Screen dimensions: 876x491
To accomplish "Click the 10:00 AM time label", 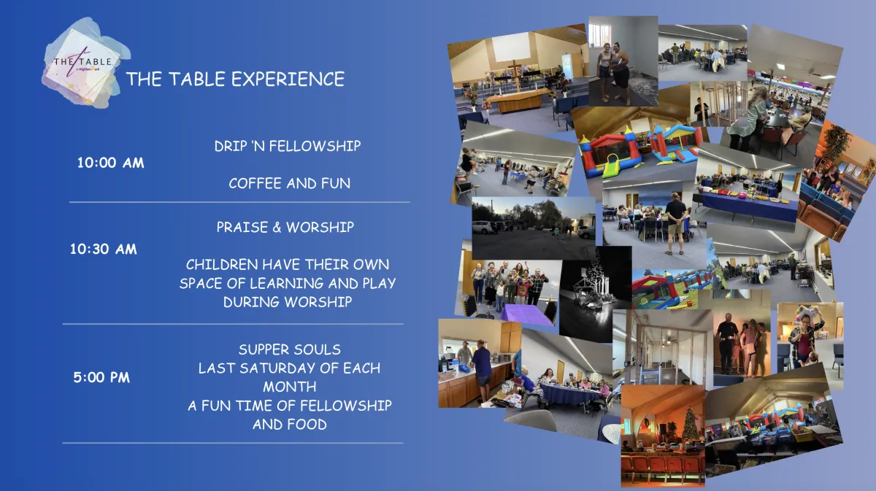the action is pos(111,163).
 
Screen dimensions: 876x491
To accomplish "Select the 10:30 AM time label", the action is pos(103,249).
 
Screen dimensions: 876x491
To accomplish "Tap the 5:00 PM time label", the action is pos(101,377).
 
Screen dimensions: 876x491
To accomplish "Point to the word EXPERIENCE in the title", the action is pos(288,79).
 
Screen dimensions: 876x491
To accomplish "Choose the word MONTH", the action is pos(289,387).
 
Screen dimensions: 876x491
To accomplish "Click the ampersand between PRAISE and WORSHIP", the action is pos(277,227).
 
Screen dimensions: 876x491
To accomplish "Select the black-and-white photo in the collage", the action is pos(594,294).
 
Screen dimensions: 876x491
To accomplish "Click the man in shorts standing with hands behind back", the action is pos(675,223).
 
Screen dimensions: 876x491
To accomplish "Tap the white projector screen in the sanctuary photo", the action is pos(511,47).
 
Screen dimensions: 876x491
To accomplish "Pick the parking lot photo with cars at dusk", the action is pos(534,228).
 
